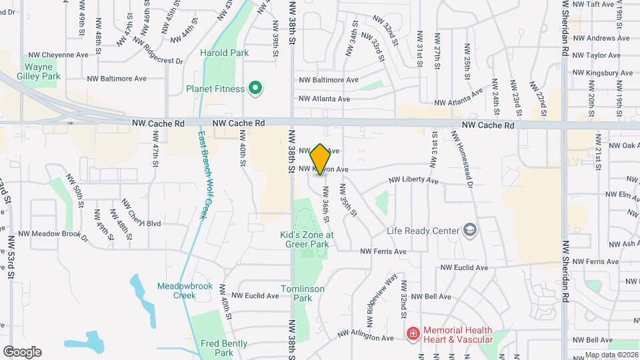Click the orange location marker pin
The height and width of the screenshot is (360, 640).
320,159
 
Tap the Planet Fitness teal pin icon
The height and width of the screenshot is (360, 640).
254,87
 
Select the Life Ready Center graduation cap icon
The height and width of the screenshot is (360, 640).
470,230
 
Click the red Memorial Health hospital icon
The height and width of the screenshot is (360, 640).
413,332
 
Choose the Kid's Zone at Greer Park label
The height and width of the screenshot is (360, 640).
307,239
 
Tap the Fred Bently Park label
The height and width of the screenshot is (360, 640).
223,348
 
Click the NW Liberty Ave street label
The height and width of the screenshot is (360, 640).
413,180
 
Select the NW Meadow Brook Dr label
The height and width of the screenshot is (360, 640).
53,235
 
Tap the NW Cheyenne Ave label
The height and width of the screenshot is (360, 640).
58,55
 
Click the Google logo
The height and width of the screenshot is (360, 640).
22,351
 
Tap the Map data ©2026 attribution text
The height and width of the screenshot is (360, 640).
611,355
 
